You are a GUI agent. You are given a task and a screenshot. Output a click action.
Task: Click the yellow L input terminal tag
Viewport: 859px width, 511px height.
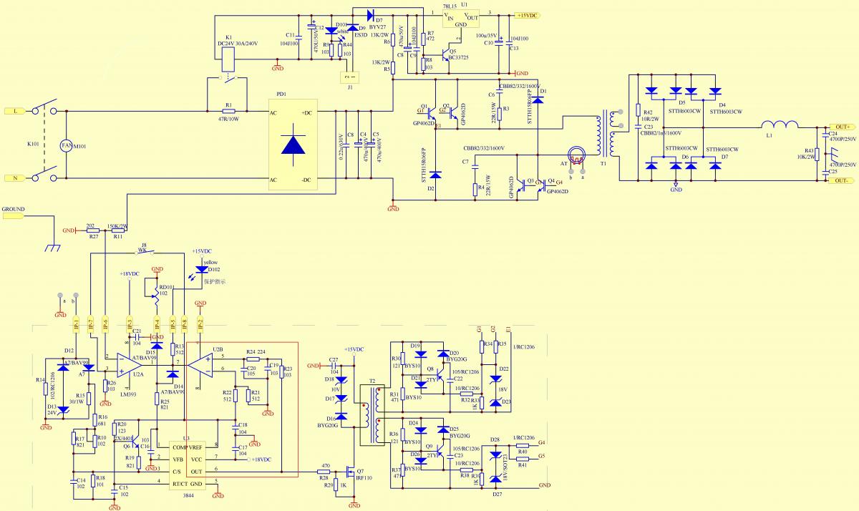click(15, 111)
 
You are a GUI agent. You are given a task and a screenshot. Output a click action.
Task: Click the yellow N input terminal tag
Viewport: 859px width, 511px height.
click(15, 178)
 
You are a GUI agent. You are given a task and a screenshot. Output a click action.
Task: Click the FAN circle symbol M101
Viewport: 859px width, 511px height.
click(66, 145)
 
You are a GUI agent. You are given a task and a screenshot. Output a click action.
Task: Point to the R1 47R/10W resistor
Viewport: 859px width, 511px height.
click(229, 112)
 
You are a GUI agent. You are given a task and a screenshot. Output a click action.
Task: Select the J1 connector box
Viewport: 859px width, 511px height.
click(349, 77)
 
